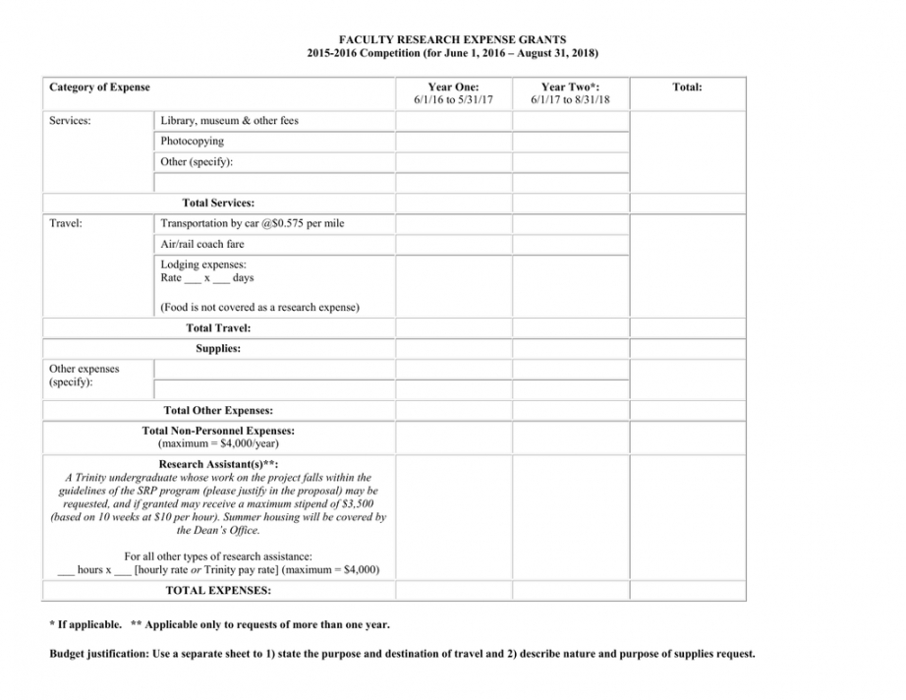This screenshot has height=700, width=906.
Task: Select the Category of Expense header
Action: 99,87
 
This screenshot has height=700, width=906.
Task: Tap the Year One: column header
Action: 453,87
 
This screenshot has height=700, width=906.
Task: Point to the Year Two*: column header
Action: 570,87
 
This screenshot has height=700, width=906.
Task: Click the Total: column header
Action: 687,87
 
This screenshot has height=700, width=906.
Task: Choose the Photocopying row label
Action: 193,142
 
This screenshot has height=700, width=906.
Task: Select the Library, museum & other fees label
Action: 229,121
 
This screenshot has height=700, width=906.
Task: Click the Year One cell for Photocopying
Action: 453,142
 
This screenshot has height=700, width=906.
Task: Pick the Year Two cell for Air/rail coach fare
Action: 570,244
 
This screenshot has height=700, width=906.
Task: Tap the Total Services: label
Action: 218,204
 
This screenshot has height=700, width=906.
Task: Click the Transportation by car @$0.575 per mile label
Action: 253,224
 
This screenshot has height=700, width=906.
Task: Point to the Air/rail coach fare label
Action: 202,244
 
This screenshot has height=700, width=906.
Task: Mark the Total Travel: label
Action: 218,328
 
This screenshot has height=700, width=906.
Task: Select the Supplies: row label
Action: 218,348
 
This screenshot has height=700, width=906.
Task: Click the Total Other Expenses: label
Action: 218,411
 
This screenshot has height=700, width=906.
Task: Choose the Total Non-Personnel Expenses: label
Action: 218,431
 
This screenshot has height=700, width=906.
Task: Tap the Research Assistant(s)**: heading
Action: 218,464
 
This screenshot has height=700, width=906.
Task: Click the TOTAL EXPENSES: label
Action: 218,591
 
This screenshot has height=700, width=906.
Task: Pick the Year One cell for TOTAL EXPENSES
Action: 453,591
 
